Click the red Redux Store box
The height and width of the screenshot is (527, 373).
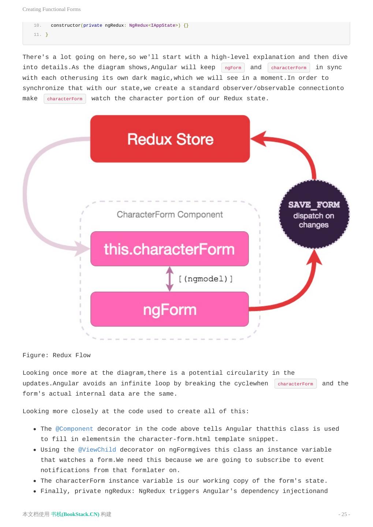click(170, 139)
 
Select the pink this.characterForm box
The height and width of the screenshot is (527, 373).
click(169, 249)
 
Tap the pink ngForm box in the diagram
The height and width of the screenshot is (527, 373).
click(169, 309)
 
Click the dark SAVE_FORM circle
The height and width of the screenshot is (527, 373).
click(314, 214)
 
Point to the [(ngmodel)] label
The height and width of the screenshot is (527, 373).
click(206, 279)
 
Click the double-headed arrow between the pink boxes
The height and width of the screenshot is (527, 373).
click(169, 279)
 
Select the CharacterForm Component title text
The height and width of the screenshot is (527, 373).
click(170, 214)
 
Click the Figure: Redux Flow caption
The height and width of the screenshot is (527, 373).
click(56, 355)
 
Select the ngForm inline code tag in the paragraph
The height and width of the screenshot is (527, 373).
click(233, 68)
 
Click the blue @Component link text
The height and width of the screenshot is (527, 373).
click(74, 429)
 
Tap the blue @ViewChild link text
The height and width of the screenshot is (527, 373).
click(97, 450)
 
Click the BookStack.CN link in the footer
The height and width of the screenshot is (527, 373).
click(75, 514)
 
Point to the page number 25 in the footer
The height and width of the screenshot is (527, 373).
click(344, 514)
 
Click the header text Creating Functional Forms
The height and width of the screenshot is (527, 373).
click(52, 9)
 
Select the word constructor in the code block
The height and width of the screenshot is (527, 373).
click(66, 25)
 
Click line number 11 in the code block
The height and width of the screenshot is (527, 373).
click(37, 34)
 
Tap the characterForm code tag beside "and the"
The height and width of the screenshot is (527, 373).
click(295, 384)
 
